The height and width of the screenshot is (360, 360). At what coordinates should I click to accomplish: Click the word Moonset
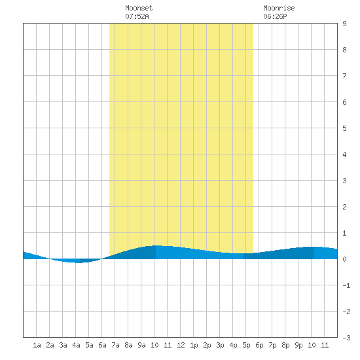coord(139,8)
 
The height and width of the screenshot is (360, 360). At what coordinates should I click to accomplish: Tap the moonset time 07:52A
coord(137,16)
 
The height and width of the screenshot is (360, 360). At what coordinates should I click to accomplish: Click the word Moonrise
coord(279,8)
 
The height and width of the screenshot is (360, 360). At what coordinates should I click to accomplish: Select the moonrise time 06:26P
coord(275,16)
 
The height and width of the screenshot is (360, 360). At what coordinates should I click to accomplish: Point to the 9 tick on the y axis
coord(344,24)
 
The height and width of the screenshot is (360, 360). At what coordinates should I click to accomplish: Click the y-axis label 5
coord(344,128)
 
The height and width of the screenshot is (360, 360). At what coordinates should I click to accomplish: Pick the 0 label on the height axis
coord(344,259)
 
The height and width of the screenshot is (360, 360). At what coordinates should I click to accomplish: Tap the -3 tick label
coord(346,338)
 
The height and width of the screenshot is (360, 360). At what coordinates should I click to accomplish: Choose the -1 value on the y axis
coord(346,285)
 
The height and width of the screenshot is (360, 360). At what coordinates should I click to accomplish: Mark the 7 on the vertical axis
coord(344,76)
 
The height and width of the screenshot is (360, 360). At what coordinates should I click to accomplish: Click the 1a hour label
coord(37,345)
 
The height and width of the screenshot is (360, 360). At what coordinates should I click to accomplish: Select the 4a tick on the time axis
coord(76,345)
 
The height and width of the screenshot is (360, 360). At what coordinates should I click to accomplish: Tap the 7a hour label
coord(115,345)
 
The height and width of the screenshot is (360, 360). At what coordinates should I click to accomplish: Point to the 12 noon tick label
coord(181,345)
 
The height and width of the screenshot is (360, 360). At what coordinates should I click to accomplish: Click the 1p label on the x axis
coord(194,345)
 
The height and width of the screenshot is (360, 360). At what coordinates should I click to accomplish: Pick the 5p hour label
coord(246,345)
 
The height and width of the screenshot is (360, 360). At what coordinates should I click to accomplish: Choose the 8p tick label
coord(285,345)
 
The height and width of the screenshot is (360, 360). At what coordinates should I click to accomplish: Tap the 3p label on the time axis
coord(220,345)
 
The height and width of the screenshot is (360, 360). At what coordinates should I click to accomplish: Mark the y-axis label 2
coord(344,207)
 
